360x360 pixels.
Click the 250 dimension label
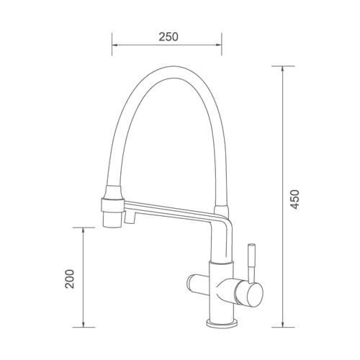(x=168, y=37)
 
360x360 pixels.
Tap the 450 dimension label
(x=294, y=199)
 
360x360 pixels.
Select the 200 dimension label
(x=70, y=279)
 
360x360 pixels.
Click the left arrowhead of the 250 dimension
(x=115, y=45)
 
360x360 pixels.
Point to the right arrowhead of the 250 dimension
(x=218, y=45)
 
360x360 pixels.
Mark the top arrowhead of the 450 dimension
(x=283, y=69)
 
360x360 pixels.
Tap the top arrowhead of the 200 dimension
(x=83, y=230)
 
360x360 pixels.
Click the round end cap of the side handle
(x=255, y=294)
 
